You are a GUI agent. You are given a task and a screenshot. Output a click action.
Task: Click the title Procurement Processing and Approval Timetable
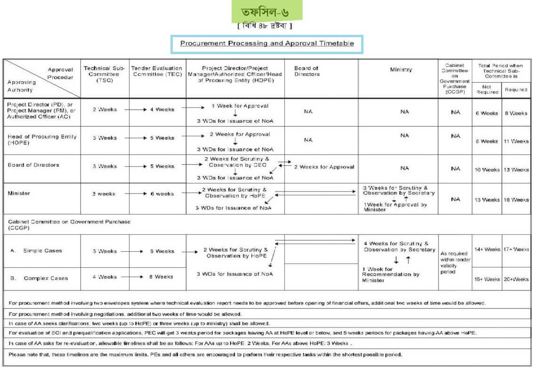click(x=267, y=43)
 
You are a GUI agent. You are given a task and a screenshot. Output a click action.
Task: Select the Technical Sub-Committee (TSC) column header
click(x=105, y=74)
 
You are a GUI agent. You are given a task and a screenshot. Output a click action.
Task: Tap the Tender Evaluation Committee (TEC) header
click(x=157, y=71)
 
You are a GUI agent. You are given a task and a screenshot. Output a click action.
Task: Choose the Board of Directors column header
click(x=307, y=71)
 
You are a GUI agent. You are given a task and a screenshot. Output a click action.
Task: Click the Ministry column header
click(x=401, y=70)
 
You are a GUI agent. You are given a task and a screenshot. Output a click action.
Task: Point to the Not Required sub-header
click(x=487, y=89)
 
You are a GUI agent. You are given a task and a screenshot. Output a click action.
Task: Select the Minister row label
click(x=19, y=193)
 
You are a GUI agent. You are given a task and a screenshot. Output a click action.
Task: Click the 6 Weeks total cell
click(x=486, y=113)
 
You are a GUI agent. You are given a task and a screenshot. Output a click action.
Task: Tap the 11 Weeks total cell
click(x=516, y=141)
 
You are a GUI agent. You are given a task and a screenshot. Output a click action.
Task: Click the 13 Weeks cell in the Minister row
click(x=487, y=200)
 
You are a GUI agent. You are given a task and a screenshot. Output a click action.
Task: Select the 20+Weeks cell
click(x=516, y=279)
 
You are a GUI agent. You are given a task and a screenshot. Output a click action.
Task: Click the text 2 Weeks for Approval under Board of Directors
click(x=324, y=167)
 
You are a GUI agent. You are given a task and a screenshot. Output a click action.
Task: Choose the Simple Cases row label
click(x=42, y=251)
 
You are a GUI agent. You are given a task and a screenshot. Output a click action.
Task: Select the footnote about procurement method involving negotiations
click(x=125, y=314)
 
